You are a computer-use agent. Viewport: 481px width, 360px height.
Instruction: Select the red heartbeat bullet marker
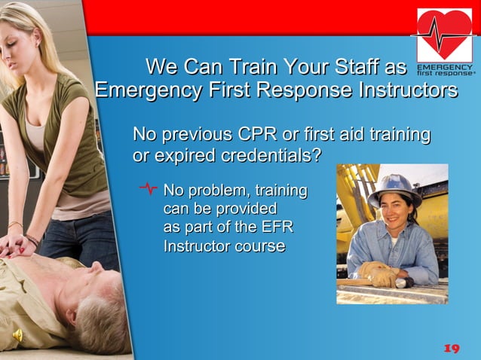[149, 189]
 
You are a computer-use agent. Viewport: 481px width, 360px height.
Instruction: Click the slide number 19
[451, 348]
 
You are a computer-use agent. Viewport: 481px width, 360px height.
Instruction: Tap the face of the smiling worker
[397, 213]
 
